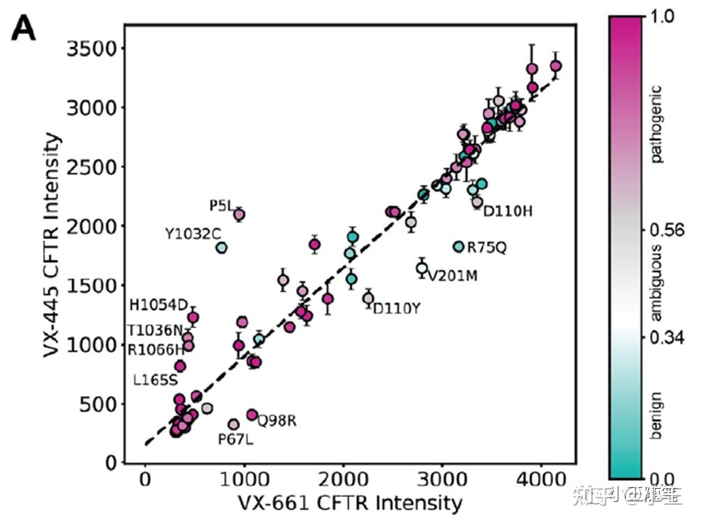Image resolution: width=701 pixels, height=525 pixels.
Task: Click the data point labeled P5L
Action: [239, 215]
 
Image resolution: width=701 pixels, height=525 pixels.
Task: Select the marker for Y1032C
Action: [221, 248]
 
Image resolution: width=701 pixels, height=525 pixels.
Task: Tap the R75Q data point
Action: [459, 247]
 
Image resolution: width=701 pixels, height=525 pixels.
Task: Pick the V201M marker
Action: [422, 268]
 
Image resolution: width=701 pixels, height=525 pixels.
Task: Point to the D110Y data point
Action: [368, 298]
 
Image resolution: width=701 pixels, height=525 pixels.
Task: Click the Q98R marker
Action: [252, 414]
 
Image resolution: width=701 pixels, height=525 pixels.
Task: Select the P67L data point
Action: [234, 424]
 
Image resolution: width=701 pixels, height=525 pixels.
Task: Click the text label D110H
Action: [508, 211]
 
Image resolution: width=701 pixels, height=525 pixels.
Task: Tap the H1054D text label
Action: [158, 305]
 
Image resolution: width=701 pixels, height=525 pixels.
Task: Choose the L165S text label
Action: [156, 381]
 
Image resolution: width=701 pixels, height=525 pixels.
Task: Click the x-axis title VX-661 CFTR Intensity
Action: [350, 503]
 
